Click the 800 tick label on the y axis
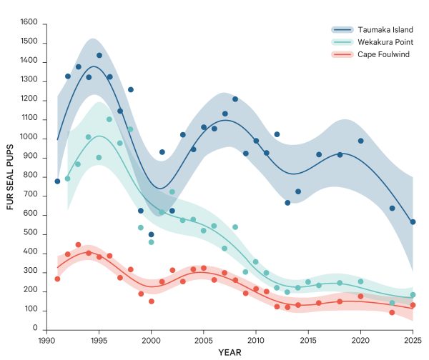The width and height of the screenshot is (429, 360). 30,176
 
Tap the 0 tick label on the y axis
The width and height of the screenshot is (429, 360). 35,329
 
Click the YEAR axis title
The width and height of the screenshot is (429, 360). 230,352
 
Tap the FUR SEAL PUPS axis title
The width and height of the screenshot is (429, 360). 11,176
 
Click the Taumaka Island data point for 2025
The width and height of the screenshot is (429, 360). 413,222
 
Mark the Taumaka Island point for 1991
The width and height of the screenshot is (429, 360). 57,181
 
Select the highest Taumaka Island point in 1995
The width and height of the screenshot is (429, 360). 99,55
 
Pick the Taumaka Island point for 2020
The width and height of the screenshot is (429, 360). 360,141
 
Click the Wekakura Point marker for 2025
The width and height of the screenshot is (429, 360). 413,295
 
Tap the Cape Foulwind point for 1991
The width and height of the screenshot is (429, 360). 57,279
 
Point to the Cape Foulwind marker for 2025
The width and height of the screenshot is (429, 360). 413,305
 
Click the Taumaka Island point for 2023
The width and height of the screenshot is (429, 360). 392,208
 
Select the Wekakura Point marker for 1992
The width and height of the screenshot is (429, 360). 68,179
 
